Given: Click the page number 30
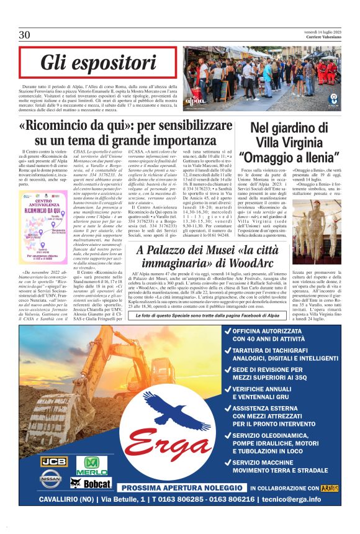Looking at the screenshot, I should pos(24,35).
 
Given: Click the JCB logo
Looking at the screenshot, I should pos(51,461).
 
